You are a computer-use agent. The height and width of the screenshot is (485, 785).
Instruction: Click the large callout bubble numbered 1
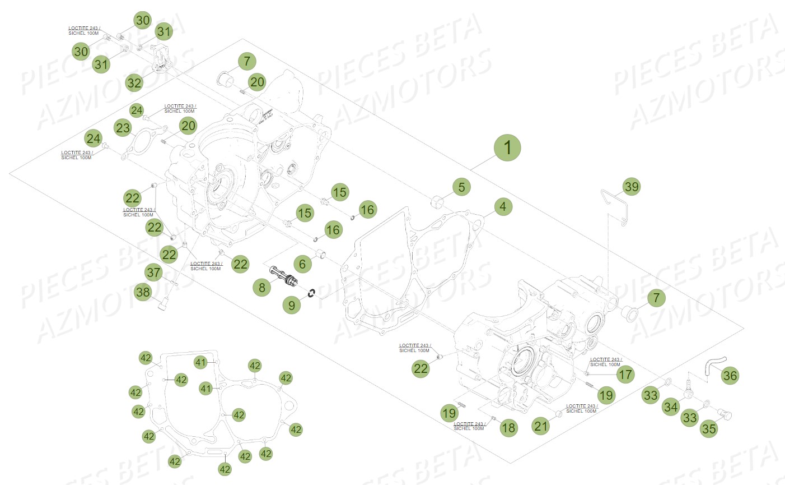click(507, 148)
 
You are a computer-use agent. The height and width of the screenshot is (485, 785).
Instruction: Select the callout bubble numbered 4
click(503, 206)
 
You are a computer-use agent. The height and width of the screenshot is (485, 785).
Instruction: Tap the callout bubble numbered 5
click(461, 187)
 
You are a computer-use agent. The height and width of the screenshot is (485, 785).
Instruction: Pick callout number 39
click(632, 187)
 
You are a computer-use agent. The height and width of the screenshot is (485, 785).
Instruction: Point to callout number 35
click(709, 429)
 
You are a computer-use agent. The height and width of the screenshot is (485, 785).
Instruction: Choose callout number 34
click(671, 407)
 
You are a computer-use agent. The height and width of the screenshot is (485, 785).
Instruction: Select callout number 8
click(261, 288)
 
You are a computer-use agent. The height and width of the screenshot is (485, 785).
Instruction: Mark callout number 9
click(292, 305)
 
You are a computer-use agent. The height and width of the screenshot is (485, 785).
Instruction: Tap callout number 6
click(302, 264)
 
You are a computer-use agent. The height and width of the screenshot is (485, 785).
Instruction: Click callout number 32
click(134, 83)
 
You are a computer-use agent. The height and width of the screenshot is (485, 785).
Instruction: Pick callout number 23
click(123, 128)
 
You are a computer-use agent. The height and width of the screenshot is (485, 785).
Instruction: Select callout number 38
click(143, 292)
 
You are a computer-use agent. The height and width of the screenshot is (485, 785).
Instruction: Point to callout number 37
click(153, 273)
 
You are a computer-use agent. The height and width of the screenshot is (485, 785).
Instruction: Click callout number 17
click(625, 374)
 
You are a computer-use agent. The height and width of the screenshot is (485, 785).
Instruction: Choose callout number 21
click(541, 426)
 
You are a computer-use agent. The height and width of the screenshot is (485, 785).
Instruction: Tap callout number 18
click(508, 428)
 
